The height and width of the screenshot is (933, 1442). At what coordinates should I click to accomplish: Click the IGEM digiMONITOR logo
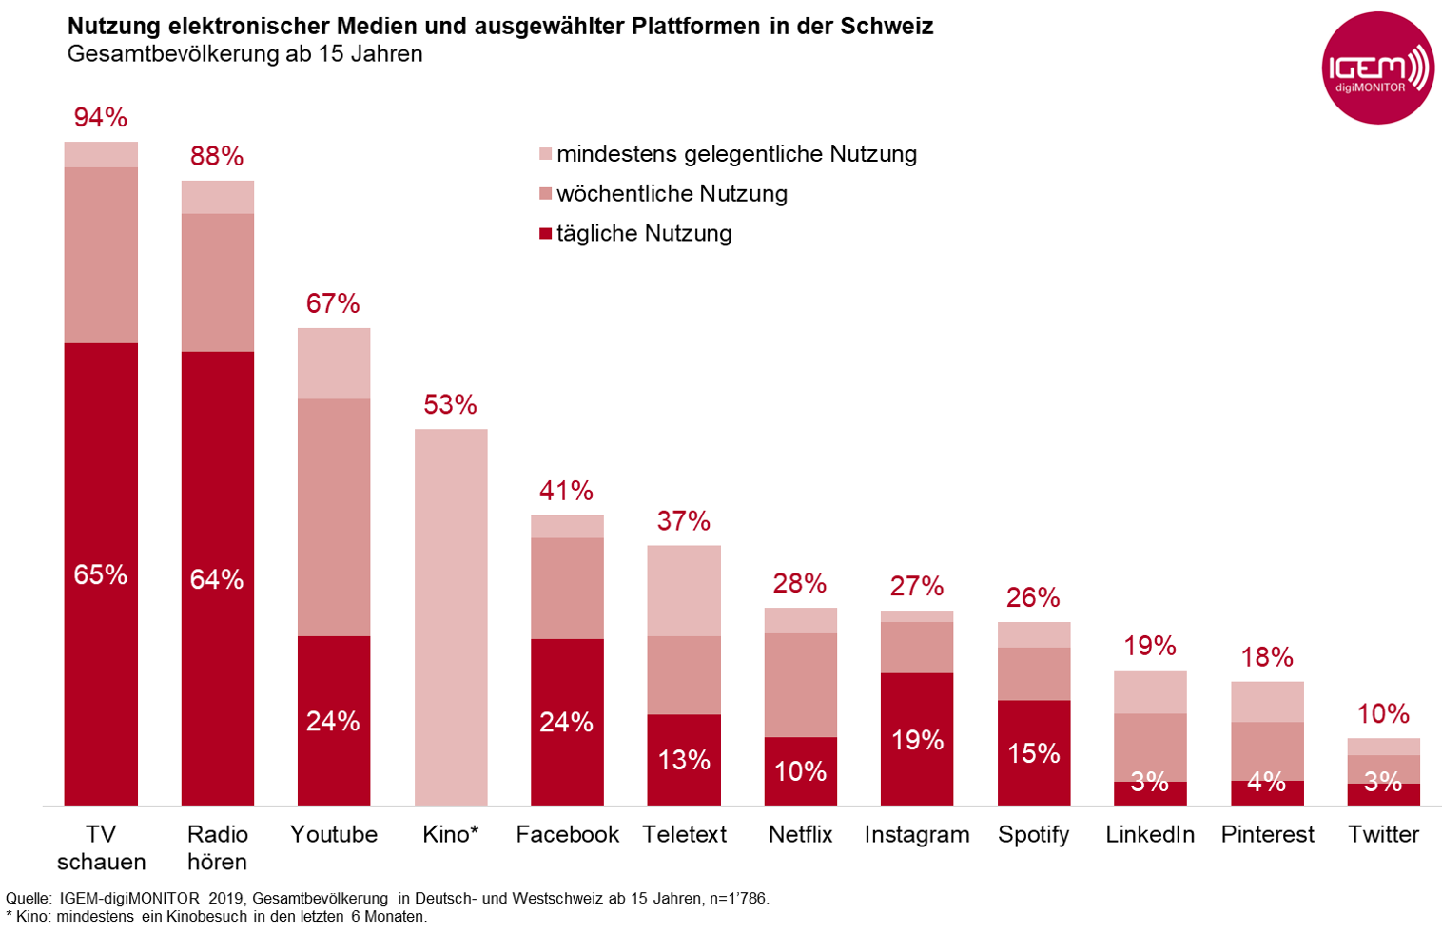pyautogui.click(x=1377, y=68)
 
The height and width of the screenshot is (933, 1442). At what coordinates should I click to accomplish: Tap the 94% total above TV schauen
pyautogui.click(x=101, y=117)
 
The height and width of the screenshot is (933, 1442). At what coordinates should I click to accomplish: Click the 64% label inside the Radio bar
pyautogui.click(x=217, y=579)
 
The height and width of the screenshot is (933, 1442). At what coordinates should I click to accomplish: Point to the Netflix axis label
pyautogui.click(x=800, y=834)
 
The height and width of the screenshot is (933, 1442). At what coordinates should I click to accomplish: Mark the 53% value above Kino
pyautogui.click(x=450, y=405)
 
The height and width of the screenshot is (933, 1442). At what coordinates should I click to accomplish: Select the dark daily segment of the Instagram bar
pyautogui.click(x=917, y=739)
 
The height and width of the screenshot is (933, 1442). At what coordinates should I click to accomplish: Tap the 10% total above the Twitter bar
pyautogui.click(x=1383, y=714)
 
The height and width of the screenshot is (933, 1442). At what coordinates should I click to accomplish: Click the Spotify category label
pyautogui.click(x=1033, y=834)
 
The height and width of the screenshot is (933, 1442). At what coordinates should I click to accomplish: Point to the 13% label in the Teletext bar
pyautogui.click(x=684, y=760)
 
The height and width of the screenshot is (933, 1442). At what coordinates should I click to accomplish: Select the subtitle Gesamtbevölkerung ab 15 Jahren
pyautogui.click(x=244, y=54)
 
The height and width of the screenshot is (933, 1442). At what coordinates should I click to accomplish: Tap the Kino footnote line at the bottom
pyautogui.click(x=217, y=917)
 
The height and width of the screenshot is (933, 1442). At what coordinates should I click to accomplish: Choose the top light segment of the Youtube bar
pyautogui.click(x=334, y=363)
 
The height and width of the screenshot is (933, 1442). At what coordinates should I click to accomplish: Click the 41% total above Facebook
pyautogui.click(x=566, y=491)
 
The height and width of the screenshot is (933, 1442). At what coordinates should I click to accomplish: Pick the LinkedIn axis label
pyautogui.click(x=1150, y=834)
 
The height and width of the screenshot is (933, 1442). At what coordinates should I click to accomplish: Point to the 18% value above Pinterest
pyautogui.click(x=1267, y=657)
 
